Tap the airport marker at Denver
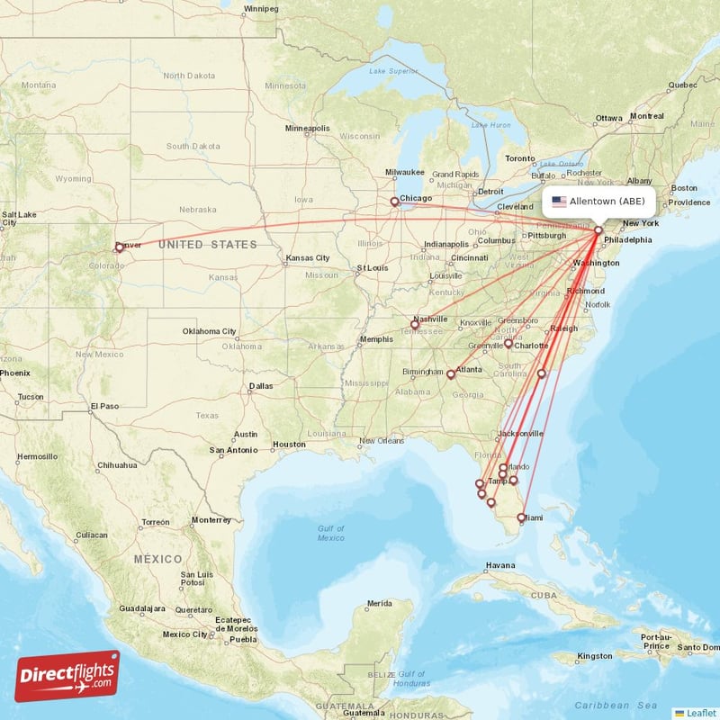tap(119, 247)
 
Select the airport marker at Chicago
tap(394, 202)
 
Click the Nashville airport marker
tap(415, 324)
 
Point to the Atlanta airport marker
tap(451, 373)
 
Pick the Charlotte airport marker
tap(508, 343)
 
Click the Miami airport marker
tap(522, 517)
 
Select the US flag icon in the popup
tap(559, 202)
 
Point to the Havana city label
tap(500, 565)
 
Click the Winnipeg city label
tap(261, 9)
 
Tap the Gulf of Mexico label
tap(330, 533)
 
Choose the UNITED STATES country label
tap(207, 244)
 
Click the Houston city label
tap(290, 445)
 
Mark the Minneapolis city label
tap(308, 128)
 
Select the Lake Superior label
tap(394, 70)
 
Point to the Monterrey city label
tap(211, 520)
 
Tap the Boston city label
tap(684, 187)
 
